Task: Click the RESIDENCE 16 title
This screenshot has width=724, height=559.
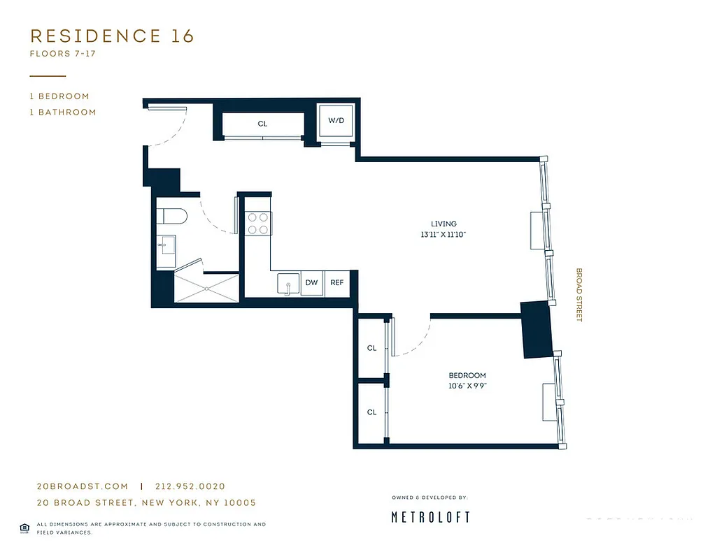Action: [112, 36]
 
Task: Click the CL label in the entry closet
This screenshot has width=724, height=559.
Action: [262, 124]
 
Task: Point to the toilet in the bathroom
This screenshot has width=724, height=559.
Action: [171, 217]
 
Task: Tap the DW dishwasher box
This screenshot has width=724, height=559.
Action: [311, 283]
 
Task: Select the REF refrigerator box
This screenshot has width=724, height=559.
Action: [336, 283]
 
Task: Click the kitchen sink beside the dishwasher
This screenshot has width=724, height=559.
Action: [285, 284]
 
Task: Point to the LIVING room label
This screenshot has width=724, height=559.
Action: [443, 224]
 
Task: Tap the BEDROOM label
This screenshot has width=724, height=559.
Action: [467, 375]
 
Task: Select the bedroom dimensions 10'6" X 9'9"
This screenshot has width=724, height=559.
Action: [467, 386]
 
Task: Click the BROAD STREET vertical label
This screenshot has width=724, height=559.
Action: [579, 295]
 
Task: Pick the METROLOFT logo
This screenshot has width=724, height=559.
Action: [430, 517]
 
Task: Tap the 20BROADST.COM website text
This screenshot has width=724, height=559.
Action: [83, 486]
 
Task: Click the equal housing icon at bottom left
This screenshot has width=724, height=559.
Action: [24, 527]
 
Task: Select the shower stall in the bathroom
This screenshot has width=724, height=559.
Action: [206, 286]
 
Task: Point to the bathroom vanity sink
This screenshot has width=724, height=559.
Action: [167, 246]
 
